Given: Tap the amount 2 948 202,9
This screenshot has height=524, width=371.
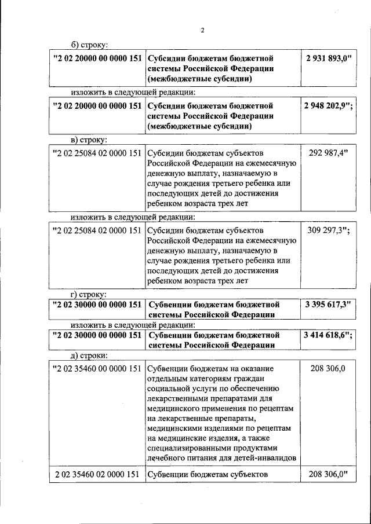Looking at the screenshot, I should [x=328, y=107].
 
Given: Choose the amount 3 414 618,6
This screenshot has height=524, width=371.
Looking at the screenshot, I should [x=328, y=335].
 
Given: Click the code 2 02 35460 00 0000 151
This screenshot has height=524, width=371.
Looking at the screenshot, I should [x=97, y=368].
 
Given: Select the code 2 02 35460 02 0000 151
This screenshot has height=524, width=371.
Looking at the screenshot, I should [x=97, y=475].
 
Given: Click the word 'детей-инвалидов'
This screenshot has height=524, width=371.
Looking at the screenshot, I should [x=266, y=458].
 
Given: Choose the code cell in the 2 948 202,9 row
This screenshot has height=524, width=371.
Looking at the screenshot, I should [x=97, y=107].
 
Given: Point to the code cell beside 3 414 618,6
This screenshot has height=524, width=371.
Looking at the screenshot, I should [x=97, y=335].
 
